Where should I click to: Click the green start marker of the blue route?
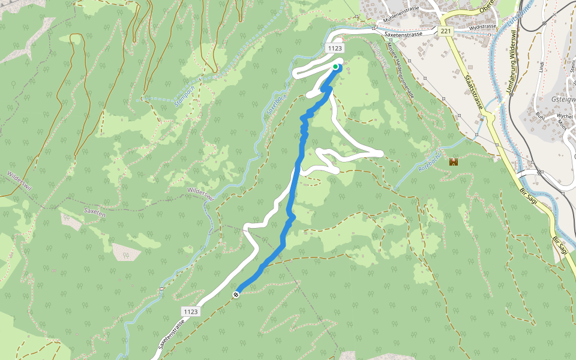click(x=335, y=67)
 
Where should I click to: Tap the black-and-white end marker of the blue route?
click(x=236, y=294)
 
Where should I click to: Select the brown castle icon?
click(x=454, y=162)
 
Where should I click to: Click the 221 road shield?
click(x=445, y=31)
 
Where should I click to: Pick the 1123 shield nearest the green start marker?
click(x=335, y=48)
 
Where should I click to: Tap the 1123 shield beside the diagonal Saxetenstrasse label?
click(x=190, y=311)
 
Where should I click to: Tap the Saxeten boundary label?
click(x=94, y=212)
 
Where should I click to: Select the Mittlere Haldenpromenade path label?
click(x=400, y=70)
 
